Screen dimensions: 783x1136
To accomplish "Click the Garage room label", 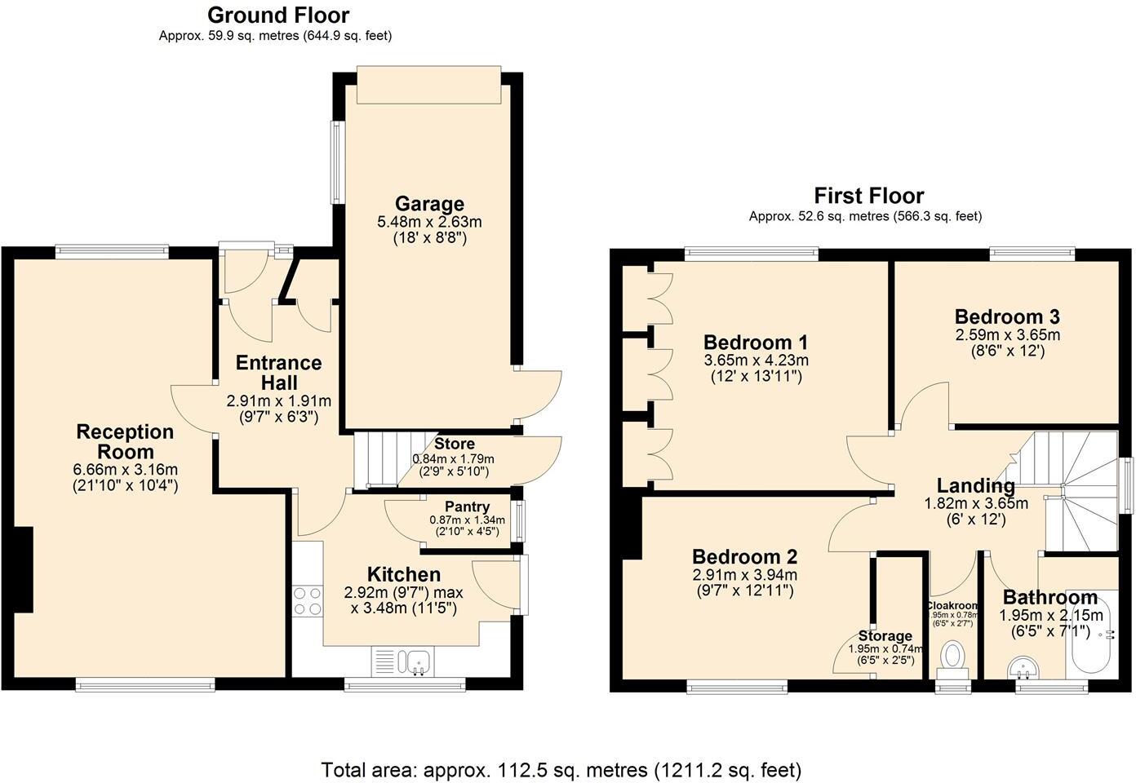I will click(x=429, y=204).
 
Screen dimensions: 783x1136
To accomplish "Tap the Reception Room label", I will click(x=125, y=441).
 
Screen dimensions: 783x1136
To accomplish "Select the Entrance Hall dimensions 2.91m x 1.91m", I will click(x=278, y=401).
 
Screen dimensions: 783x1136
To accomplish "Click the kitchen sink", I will click(x=406, y=660).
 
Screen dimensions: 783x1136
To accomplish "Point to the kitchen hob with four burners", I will click(x=308, y=601).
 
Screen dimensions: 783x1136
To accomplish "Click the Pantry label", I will click(x=467, y=507).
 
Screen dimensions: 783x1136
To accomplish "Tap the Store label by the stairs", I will click(x=454, y=445).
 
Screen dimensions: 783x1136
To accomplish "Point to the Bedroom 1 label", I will click(x=756, y=343).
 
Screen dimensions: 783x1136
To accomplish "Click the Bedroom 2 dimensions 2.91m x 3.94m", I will click(x=744, y=575).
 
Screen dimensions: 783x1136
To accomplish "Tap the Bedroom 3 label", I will click(x=1007, y=316).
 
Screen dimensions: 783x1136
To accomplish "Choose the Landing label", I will click(x=975, y=486).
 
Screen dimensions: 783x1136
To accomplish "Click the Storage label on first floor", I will click(x=885, y=636).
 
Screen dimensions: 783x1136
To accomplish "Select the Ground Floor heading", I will click(x=277, y=15).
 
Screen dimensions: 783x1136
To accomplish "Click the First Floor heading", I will click(x=868, y=196).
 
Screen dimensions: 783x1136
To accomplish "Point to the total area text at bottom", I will click(x=561, y=769).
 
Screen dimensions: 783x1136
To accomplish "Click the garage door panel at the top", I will click(x=428, y=85).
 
